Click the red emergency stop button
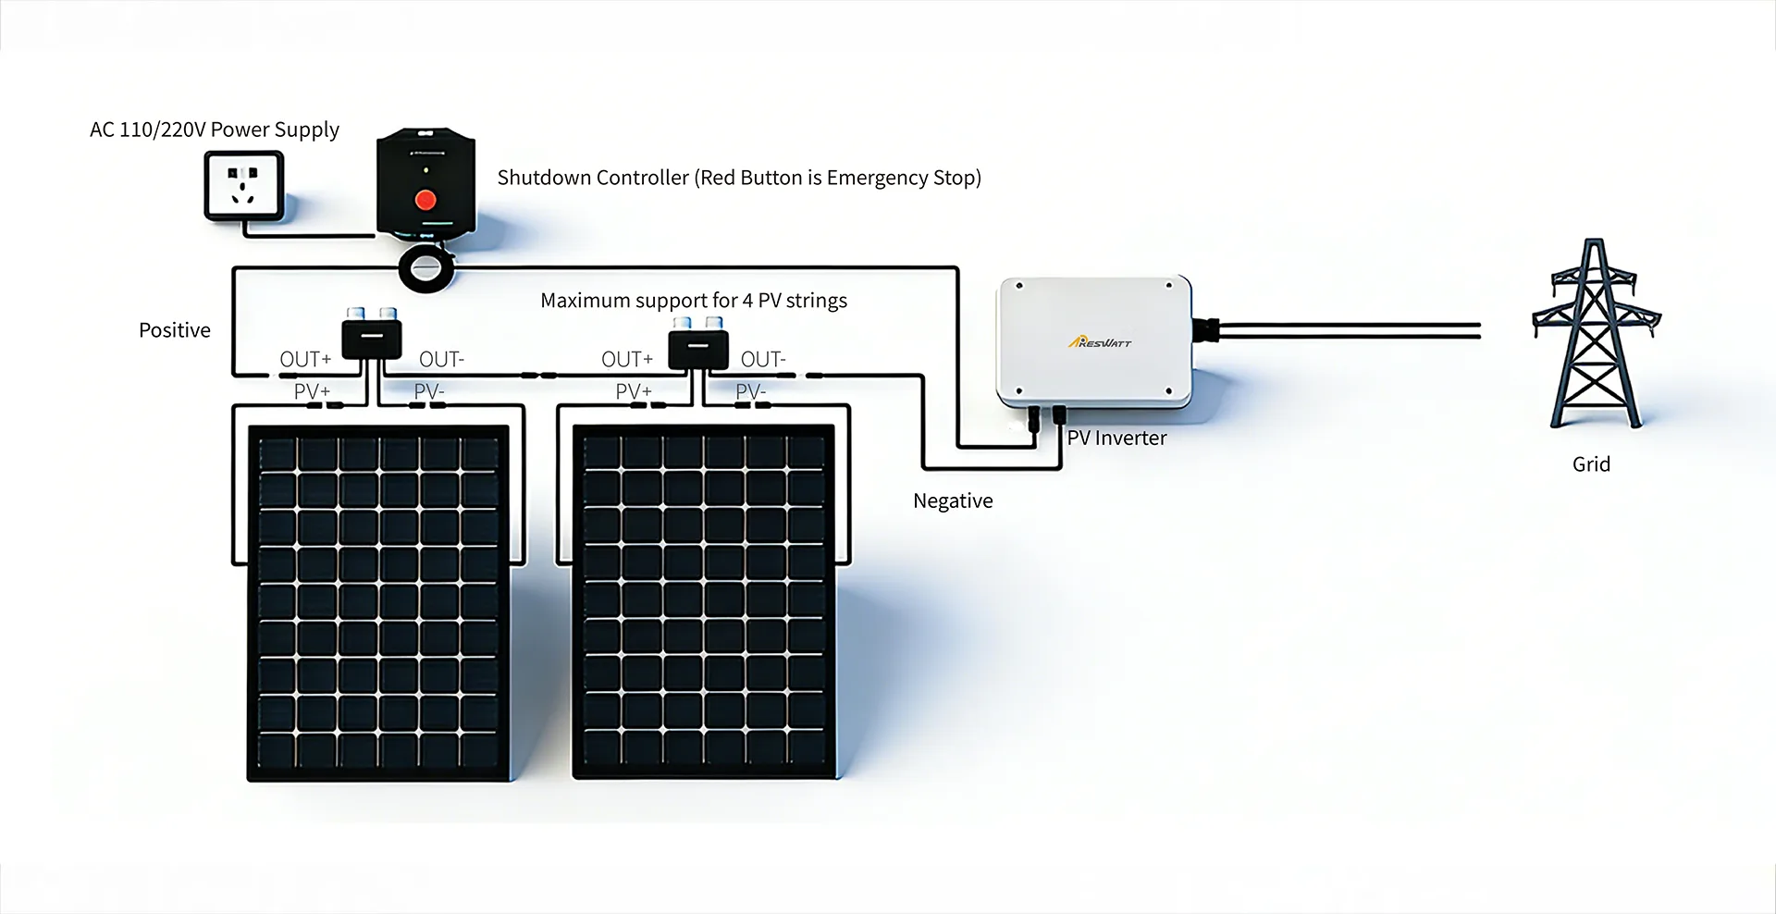[x=425, y=200]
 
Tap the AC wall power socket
[x=243, y=185]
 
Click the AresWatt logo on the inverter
[x=1100, y=342]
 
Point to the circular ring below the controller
[x=426, y=269]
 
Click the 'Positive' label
[x=174, y=330]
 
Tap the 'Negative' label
[x=953, y=500]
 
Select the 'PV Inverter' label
[x=1116, y=438]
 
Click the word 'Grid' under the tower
[x=1591, y=464]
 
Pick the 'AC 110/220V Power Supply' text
[x=214, y=130]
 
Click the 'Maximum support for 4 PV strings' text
[x=694, y=301]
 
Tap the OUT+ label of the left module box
[x=305, y=359]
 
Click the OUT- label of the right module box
[x=763, y=359]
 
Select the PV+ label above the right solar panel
[x=634, y=391]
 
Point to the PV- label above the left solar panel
[x=429, y=391]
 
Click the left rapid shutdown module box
[x=372, y=339]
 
